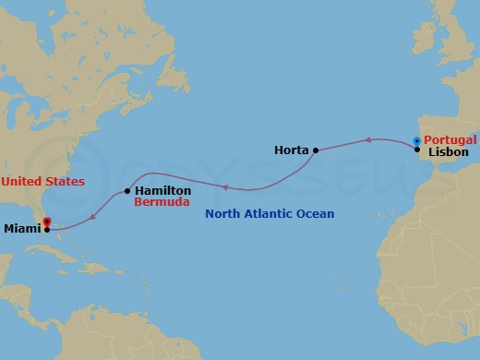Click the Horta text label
[x=291, y=150]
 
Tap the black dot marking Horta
[x=316, y=150]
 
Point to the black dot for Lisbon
[x=417, y=150]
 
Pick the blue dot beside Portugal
[x=417, y=140]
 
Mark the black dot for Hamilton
[x=126, y=192]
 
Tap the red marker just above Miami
[x=47, y=221]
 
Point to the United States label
[x=42, y=182]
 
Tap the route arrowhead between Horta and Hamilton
[x=223, y=187]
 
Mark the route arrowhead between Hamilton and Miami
[x=93, y=218]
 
